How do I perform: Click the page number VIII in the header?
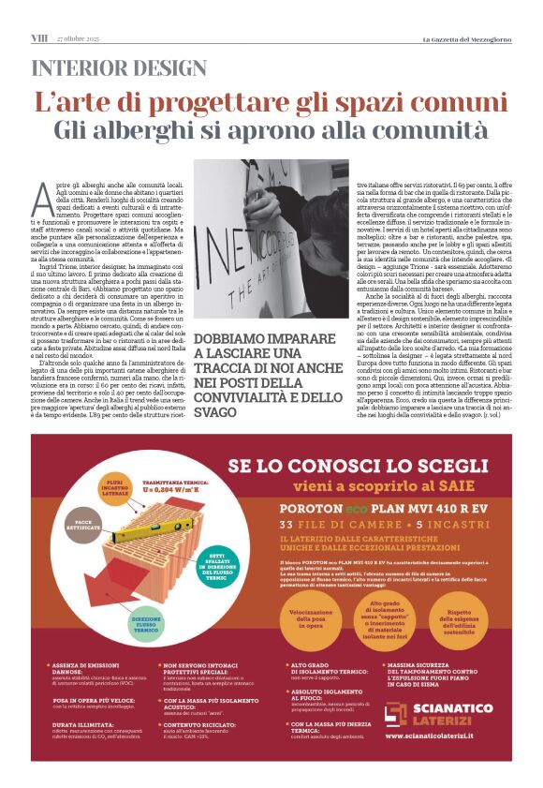click(39, 37)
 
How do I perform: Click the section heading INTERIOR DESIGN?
click(119, 68)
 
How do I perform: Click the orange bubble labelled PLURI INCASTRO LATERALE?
click(110, 486)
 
